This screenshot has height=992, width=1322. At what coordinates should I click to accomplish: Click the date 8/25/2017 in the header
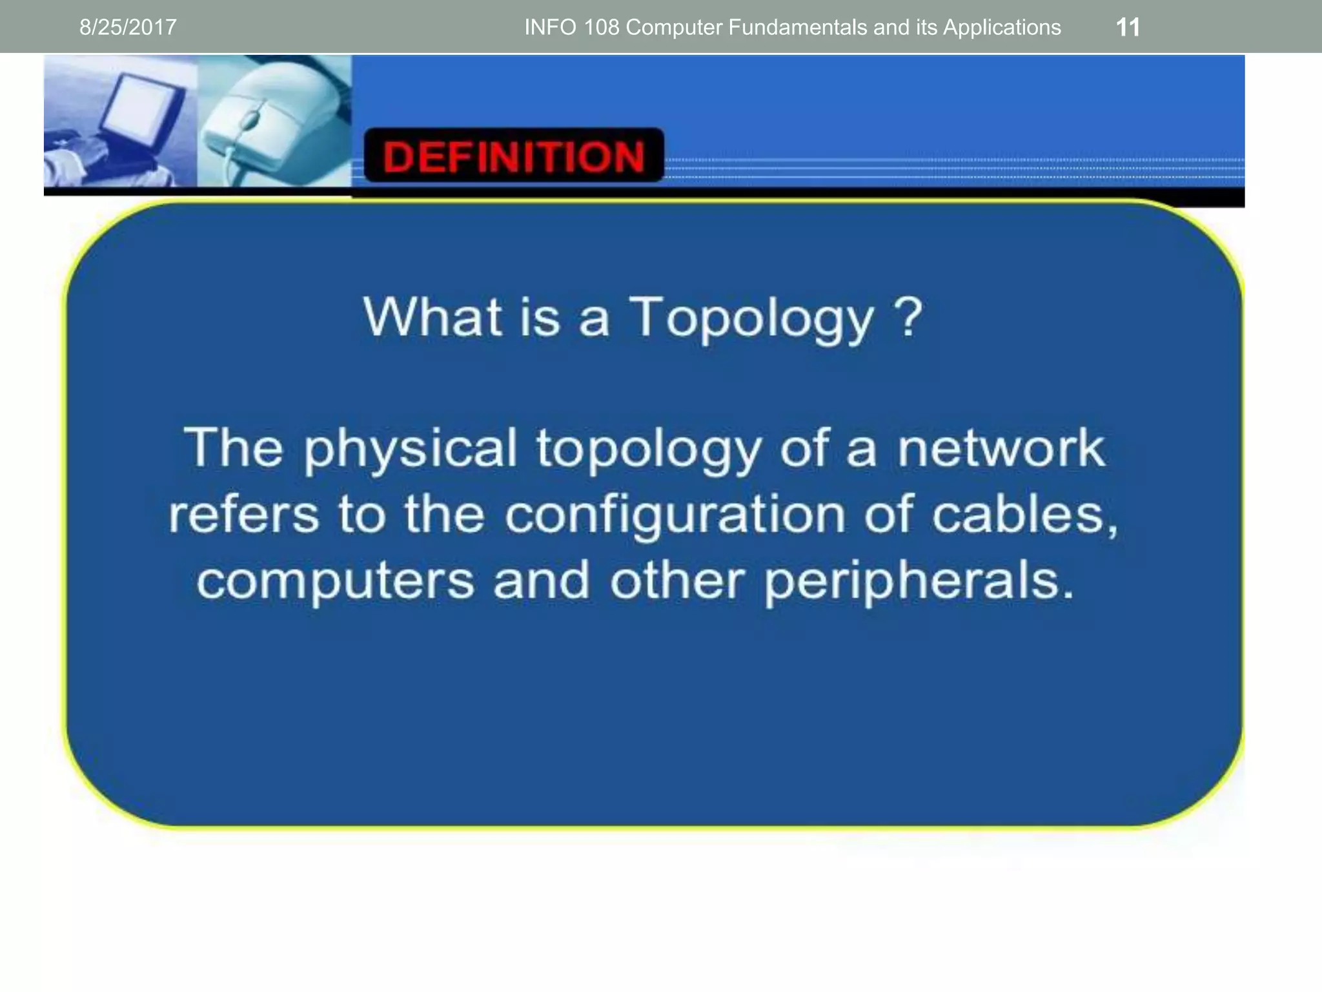[x=128, y=27]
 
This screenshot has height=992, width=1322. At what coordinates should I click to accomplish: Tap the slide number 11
[x=1128, y=27]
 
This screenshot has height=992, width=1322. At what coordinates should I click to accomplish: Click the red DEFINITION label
[x=514, y=156]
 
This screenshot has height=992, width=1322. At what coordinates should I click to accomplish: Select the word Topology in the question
[x=751, y=318]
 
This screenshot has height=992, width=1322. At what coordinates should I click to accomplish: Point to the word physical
[x=411, y=449]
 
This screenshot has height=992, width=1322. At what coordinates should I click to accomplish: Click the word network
[x=1001, y=448]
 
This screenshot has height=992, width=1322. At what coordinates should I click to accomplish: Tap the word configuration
[x=675, y=515]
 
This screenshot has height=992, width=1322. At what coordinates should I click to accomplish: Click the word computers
[x=336, y=581]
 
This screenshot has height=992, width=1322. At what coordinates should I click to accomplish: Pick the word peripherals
[x=919, y=581]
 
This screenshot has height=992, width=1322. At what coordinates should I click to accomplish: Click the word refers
[x=244, y=515]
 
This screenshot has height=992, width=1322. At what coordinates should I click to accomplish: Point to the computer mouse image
[x=271, y=119]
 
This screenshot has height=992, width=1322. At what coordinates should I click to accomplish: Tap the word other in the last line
[x=677, y=580]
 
